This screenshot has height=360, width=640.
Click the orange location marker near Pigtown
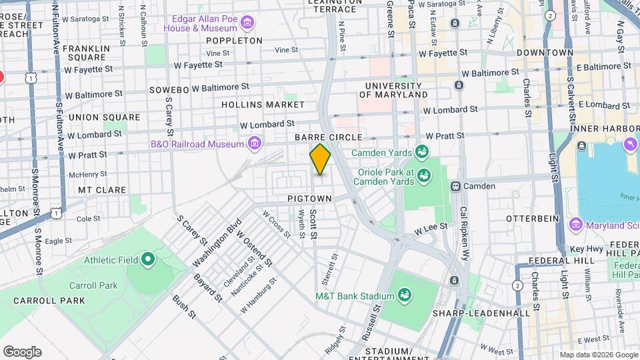point(320,159)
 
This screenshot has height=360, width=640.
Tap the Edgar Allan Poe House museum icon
point(247,24)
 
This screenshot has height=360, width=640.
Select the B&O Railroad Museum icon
point(253,143)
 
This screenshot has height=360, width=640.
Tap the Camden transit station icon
point(457,186)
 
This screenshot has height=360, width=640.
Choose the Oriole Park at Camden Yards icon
point(423,175)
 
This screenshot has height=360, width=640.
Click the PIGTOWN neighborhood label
point(309,199)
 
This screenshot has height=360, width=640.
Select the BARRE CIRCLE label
point(328,137)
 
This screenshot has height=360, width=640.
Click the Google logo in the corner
point(22,351)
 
